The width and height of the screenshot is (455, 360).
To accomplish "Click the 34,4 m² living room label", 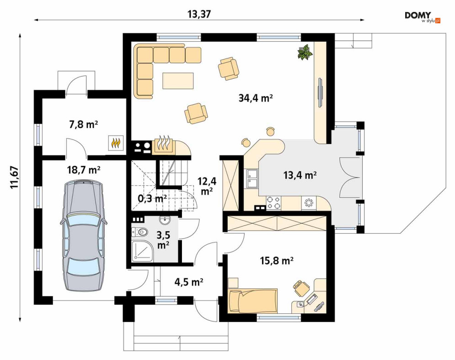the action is coord(256,98).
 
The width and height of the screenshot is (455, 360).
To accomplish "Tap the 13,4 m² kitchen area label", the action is coord(300,175).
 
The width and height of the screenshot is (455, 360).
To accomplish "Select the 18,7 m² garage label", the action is coord(84,170).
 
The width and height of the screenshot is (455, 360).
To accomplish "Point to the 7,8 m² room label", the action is coord(84,125).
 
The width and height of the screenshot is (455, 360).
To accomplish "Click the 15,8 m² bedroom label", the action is coord(276,261).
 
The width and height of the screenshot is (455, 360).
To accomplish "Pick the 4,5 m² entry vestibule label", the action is coord(188,282).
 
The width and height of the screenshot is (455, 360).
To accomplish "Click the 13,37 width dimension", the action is coord(199,14).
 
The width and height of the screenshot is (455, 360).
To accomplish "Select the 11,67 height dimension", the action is coord(15,177).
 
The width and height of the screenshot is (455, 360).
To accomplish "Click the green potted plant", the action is coord(305,52).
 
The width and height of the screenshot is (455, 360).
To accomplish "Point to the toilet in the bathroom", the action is coord(139,232).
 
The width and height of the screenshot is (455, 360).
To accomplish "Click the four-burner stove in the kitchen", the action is coord(273,203).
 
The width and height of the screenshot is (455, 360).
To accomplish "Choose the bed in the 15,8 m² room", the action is coord(252,301).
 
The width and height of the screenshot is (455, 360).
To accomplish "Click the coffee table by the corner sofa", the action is coord(178,81).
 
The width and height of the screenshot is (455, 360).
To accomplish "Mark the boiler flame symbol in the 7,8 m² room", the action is coord(116,143).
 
